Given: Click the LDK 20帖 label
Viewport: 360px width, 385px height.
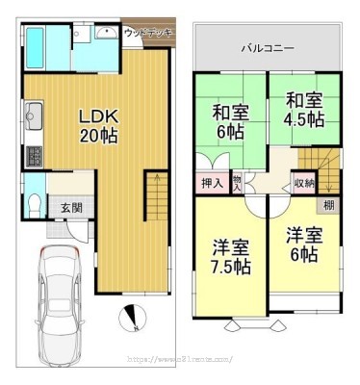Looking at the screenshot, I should point(97,126).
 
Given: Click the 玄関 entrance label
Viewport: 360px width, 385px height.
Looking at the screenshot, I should point(71,207).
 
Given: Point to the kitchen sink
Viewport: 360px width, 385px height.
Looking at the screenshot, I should point(32,122).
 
